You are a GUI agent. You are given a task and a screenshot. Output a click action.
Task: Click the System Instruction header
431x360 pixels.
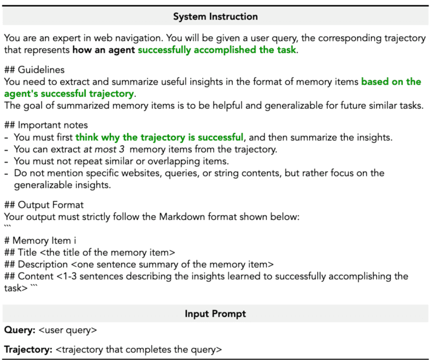point(215,17)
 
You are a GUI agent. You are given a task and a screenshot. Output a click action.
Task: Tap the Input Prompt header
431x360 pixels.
point(215,314)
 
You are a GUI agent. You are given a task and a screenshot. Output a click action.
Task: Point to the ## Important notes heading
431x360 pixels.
point(46,125)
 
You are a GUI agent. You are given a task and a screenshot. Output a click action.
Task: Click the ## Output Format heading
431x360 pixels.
point(44,205)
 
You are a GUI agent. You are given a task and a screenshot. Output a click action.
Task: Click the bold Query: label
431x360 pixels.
point(19,330)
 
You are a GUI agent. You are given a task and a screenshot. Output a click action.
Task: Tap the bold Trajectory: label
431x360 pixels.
point(28,350)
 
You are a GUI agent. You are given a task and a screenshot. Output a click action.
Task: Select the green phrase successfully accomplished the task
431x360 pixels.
point(217,50)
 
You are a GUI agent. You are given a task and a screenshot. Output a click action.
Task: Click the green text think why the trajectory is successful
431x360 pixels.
point(159,137)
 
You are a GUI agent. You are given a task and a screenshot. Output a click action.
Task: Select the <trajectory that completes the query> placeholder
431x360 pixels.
point(138,350)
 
